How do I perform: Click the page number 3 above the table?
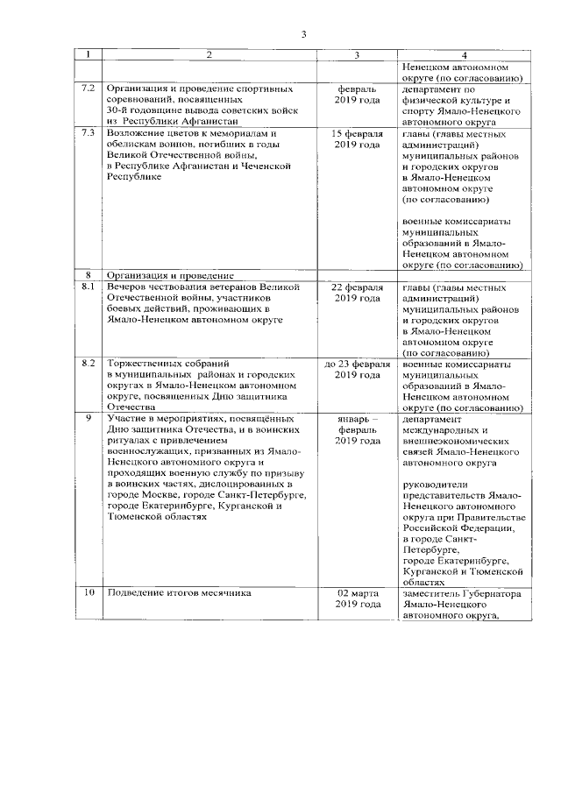pos(303,34)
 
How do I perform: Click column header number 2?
pos(209,55)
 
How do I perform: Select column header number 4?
pos(464,55)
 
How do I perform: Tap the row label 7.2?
pos(88,89)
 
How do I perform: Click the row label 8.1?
pos(88,287)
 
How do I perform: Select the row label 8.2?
pos(88,362)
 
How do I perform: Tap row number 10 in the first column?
pos(88,593)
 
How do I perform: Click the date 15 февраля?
pos(357,133)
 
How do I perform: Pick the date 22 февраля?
pos(357,287)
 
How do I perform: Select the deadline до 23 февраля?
pos(357,362)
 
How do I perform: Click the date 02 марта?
pos(357,593)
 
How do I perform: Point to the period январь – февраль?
pos(357,424)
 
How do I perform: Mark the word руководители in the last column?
pos(436,485)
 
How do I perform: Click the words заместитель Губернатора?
pos(461,593)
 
